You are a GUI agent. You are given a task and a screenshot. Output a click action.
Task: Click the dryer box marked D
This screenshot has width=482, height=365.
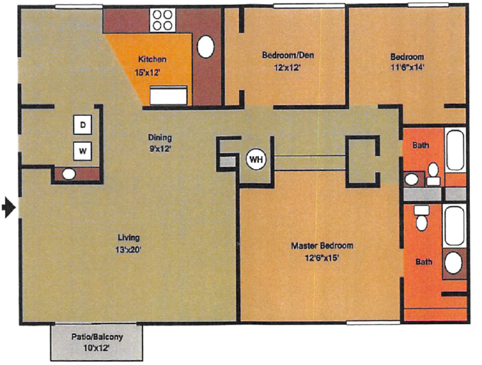[x=83, y=125]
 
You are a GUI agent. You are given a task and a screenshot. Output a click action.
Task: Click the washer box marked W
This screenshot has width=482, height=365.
[x=83, y=151]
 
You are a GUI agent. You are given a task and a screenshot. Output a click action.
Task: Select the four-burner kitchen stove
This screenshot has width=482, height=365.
[x=162, y=20]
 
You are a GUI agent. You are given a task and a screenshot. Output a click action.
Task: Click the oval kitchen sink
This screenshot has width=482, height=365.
[x=206, y=46]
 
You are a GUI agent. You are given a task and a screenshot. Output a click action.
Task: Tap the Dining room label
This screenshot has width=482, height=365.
[x=160, y=138]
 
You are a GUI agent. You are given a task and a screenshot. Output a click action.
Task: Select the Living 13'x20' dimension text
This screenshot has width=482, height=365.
[x=129, y=250]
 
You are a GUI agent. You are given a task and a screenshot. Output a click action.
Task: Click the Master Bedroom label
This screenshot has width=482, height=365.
[x=322, y=246]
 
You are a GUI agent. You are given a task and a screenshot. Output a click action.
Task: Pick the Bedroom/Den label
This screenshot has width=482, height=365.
[x=288, y=55]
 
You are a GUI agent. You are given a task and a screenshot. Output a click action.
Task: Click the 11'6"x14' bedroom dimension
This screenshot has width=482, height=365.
[x=406, y=67]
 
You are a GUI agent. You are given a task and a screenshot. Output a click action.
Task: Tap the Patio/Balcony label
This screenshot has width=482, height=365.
[x=97, y=337]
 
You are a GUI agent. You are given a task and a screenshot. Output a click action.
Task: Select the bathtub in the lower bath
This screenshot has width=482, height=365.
[x=455, y=226]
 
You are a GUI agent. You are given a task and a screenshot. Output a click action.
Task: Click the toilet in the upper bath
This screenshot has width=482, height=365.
[x=433, y=173]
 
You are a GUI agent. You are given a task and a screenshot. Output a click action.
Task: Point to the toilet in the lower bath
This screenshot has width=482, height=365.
[x=422, y=219]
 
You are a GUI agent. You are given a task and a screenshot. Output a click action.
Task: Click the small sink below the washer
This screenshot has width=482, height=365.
[x=68, y=174]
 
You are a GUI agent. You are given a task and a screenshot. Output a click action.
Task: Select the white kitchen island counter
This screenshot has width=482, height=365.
[x=169, y=95]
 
